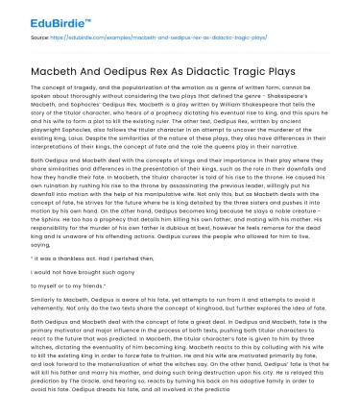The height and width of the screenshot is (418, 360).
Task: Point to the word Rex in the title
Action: click(x=145, y=72)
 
